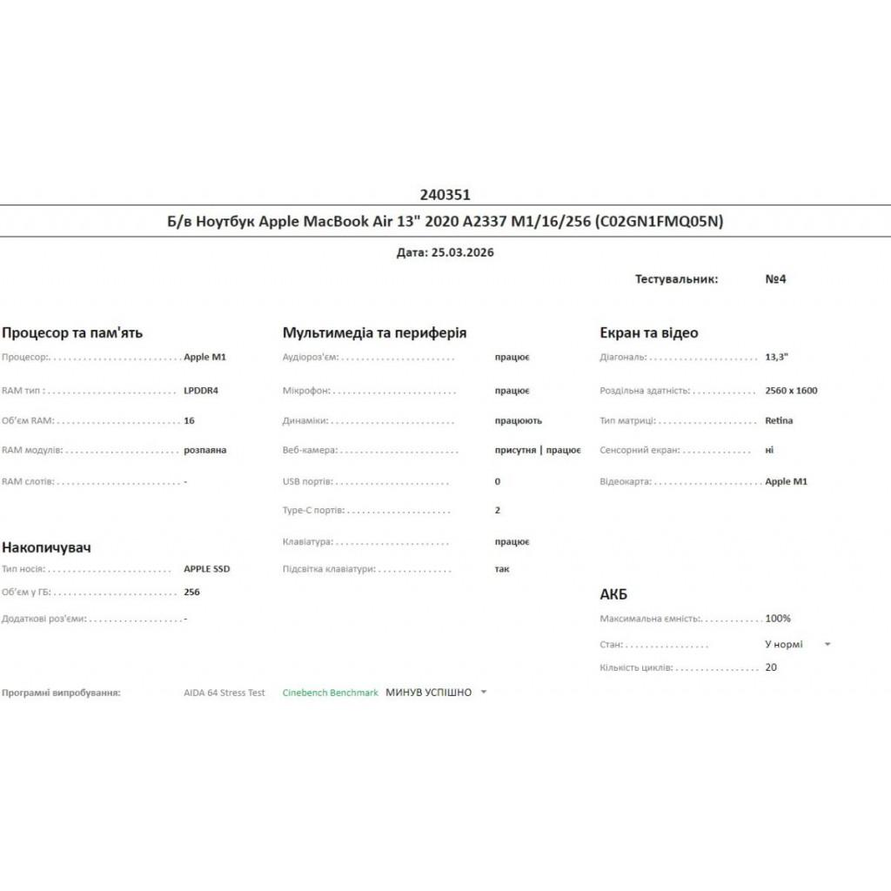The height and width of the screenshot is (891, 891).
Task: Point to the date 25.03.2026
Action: point(463,252)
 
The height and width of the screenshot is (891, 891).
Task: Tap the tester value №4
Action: point(775,279)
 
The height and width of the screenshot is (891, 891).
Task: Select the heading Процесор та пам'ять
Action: point(72,332)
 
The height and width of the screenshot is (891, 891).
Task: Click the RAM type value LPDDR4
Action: point(201,391)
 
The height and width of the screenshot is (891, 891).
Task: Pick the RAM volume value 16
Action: point(190,420)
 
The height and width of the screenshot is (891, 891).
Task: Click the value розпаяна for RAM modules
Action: point(205,451)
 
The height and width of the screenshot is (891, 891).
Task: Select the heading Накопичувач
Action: point(47,547)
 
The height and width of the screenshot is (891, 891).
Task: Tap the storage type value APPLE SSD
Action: point(207,569)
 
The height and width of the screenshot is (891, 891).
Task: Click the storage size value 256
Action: point(192,593)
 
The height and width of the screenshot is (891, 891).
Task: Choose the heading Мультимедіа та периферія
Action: point(374,332)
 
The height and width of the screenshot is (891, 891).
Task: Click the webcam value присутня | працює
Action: point(538,451)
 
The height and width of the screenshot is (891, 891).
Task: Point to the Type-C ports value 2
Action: point(498,511)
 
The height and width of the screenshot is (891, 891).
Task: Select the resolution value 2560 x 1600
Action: point(791,391)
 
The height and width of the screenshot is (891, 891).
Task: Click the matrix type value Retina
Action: point(779,420)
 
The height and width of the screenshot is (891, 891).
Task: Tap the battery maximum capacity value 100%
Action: point(778,619)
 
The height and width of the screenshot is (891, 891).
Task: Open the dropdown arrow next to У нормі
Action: point(827,645)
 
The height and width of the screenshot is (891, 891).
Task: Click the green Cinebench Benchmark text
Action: point(331,693)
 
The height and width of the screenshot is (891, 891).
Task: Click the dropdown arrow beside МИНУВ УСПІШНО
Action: point(484,693)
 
